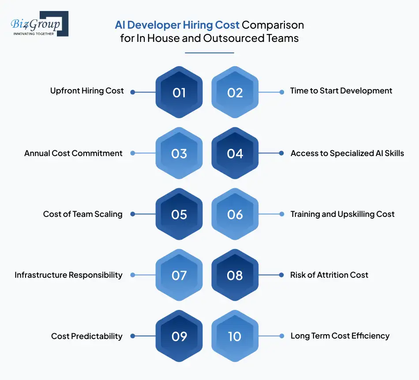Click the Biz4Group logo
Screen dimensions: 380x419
[x=39, y=24]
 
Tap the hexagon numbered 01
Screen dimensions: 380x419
[x=179, y=93]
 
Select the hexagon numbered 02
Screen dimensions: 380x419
[x=235, y=93]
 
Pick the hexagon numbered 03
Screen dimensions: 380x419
[x=179, y=153]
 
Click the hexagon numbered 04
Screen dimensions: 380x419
[x=235, y=153]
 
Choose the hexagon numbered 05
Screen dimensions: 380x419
[x=179, y=214]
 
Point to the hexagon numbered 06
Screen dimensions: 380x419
[x=235, y=214]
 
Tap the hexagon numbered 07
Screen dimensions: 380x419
[x=179, y=275]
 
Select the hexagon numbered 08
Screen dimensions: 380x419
[x=235, y=275]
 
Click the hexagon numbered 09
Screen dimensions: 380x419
[x=179, y=336]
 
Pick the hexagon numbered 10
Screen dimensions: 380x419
[x=235, y=336]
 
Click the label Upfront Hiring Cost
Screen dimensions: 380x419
[x=87, y=91]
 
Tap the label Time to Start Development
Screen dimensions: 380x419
[x=341, y=91]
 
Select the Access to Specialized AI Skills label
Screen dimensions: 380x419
[x=347, y=153]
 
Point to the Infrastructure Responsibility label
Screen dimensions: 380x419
[x=68, y=275]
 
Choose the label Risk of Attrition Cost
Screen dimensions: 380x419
[x=329, y=275]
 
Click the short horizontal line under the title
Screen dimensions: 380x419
[x=209, y=53]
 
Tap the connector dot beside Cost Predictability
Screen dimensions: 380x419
[x=132, y=336]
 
